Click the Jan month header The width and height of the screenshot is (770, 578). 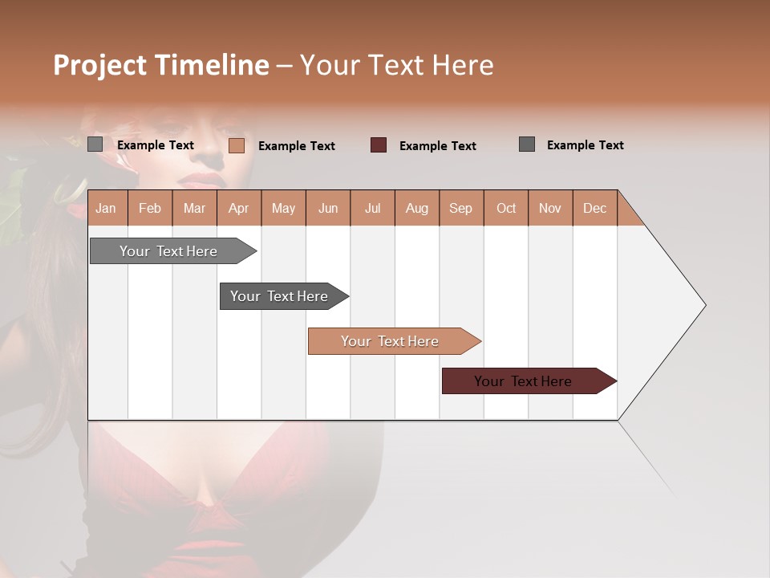pos(106,208)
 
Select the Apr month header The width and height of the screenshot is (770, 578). pos(238,208)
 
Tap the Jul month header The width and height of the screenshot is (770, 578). pos(372,208)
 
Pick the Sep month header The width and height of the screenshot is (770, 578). pos(460,208)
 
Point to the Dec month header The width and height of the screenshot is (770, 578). pos(594,208)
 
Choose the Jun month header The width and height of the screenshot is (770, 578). pos(327,208)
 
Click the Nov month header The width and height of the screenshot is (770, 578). pos(550,208)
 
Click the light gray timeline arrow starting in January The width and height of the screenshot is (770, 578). pos(168,251)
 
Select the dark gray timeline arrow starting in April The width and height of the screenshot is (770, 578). pos(279,296)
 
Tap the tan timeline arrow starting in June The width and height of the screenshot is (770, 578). pos(390,341)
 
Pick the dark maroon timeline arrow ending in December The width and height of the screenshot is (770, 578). pos(523,381)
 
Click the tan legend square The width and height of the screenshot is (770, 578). pos(237,145)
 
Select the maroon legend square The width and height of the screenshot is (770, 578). pos(379,144)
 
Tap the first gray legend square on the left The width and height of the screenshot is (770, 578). pos(95,144)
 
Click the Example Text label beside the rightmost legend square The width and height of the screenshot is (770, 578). pos(585,144)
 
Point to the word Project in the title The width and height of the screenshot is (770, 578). pos(100,65)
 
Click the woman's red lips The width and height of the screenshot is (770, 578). pos(206,179)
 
